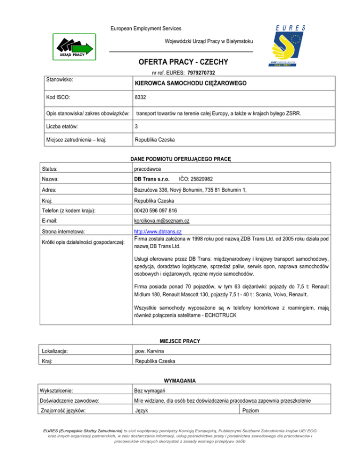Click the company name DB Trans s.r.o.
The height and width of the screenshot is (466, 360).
coord(152,179)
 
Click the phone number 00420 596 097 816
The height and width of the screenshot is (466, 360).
coord(159,210)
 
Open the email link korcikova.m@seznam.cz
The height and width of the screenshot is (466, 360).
coord(161,220)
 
